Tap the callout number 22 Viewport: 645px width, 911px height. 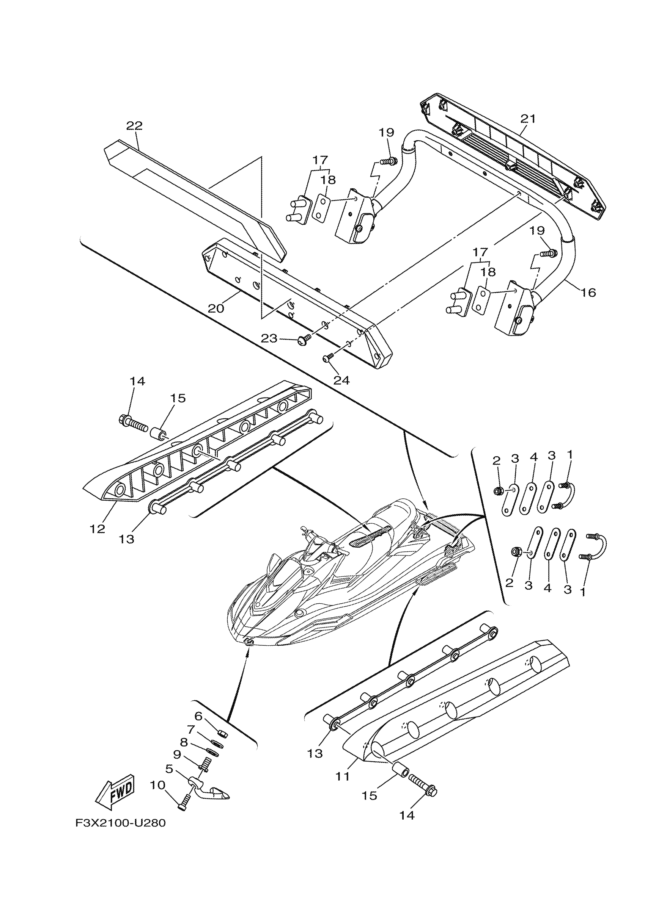tap(134, 126)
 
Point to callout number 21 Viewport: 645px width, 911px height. tap(528, 119)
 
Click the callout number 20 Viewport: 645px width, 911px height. tap(216, 308)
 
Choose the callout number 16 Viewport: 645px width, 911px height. tap(588, 293)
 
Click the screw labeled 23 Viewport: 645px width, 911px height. tap(304, 339)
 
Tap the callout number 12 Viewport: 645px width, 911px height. tap(97, 529)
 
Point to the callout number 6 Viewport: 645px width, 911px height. tap(198, 716)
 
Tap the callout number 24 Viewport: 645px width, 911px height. tap(341, 380)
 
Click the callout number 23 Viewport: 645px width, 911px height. tap(269, 338)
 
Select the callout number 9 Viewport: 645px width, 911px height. tap(177, 754)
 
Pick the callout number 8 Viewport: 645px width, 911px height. tap(184, 742)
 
